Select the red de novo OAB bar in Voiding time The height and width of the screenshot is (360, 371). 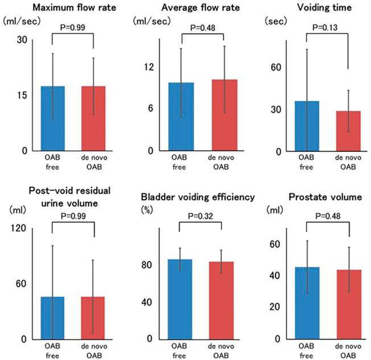click(349, 131)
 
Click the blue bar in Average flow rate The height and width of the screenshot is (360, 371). click(182, 117)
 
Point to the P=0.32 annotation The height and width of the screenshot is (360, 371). click(201, 218)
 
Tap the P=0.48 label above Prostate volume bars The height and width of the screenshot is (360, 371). click(327, 216)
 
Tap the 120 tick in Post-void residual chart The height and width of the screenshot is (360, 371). click(19, 228)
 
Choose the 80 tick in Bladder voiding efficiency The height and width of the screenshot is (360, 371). click(148, 265)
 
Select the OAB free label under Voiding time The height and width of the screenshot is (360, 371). click(307, 162)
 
